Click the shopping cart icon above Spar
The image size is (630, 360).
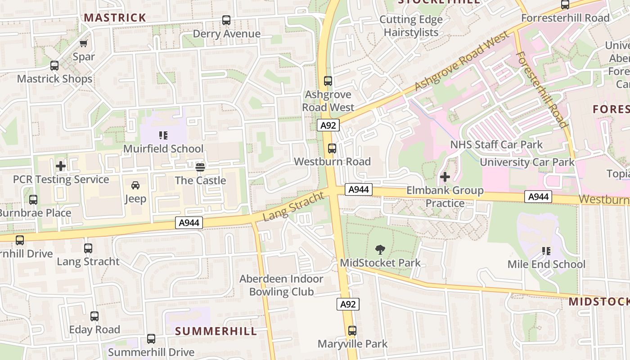[84, 43]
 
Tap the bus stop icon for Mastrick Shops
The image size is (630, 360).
[54, 66]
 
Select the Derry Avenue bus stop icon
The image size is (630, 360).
[226, 20]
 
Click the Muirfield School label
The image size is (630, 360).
[163, 148]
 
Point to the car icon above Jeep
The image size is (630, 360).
[135, 185]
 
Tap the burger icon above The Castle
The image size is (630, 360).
[200, 167]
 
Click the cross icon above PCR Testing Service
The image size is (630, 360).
[61, 166]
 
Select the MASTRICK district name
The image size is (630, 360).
[115, 18]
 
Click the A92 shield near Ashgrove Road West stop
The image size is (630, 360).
[328, 125]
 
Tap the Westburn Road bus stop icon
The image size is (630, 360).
[332, 148]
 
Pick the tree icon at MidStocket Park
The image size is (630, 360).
[380, 249]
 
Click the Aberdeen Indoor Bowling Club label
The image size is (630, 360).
[281, 285]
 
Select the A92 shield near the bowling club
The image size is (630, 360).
[348, 304]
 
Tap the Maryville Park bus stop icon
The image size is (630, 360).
[352, 331]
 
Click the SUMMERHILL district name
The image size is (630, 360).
[216, 331]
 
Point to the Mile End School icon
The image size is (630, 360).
[546, 251]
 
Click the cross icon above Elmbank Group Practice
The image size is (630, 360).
[445, 177]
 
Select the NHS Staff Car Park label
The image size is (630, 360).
[496, 144]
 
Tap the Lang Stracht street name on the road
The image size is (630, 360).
[293, 206]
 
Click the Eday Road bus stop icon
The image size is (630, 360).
[94, 316]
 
